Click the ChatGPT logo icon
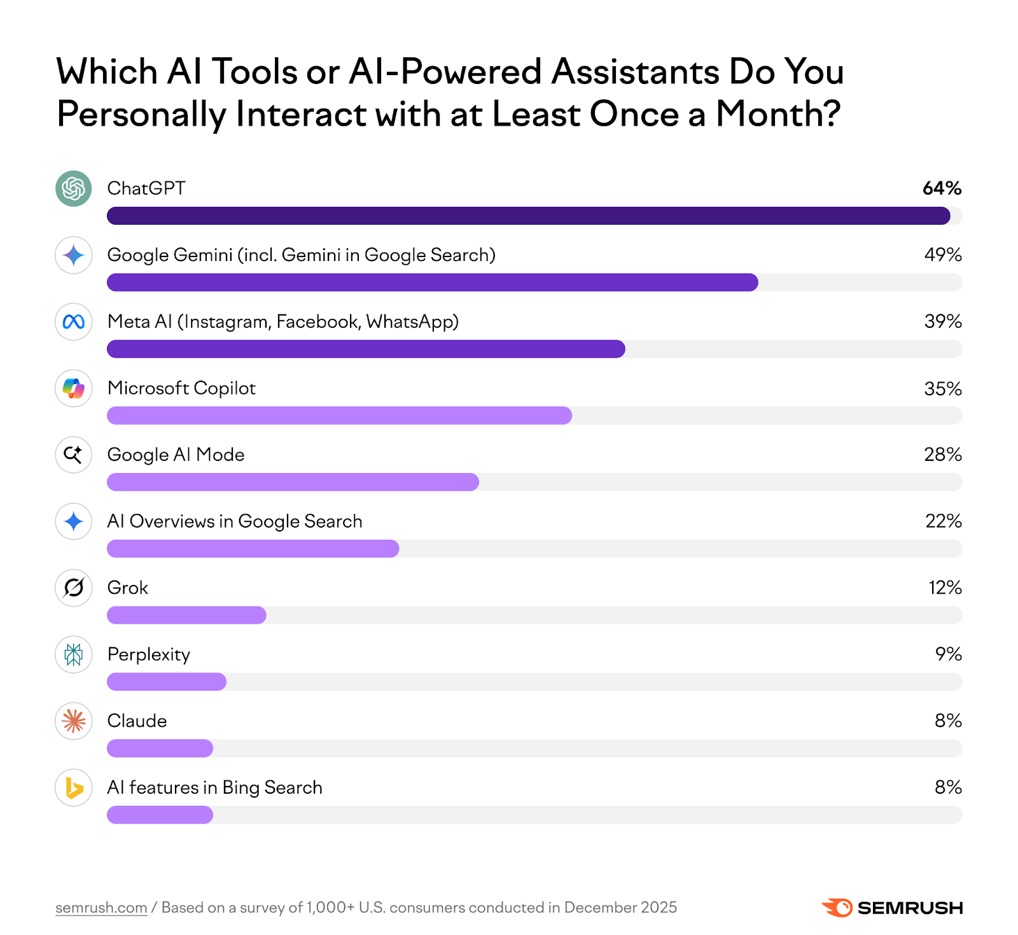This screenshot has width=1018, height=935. point(74,188)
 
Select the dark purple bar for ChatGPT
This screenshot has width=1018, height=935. point(528,216)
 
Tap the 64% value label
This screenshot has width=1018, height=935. point(942,188)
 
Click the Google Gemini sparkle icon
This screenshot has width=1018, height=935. point(74,255)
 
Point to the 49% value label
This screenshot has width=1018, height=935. point(942,255)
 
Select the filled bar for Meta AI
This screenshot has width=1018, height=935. point(366,349)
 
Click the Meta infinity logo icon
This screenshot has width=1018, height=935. point(74,322)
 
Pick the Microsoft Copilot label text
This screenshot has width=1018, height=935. point(181,388)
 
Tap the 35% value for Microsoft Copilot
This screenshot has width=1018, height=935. point(942,388)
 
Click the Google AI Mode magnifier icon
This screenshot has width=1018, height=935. point(74,455)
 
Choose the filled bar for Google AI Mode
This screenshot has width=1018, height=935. point(293,482)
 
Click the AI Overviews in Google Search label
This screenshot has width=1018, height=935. point(235,521)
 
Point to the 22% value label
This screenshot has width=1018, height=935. point(943,521)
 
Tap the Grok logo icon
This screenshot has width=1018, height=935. point(74,588)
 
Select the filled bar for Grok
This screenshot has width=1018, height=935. point(186,615)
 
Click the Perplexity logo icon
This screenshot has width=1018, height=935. point(74,654)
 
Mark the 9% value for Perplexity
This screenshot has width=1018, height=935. point(948,654)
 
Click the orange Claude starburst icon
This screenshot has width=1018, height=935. point(74,721)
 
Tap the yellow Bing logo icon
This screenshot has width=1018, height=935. point(74,788)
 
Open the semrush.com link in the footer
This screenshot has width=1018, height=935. point(101,908)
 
